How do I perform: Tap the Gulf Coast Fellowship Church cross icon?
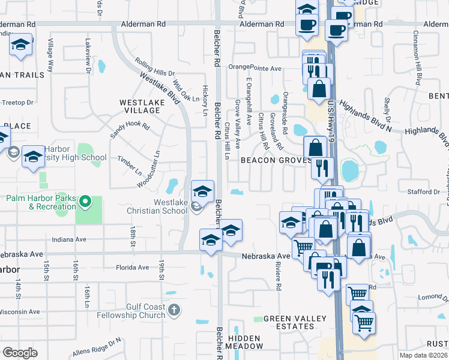[x=174, y=310]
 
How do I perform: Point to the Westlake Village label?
[x=142, y=107]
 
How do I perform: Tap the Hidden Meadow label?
[x=245, y=342]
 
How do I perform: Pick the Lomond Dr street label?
[x=429, y=297]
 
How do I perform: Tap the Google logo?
[x=20, y=352]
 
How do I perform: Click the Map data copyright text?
[x=423, y=355]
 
